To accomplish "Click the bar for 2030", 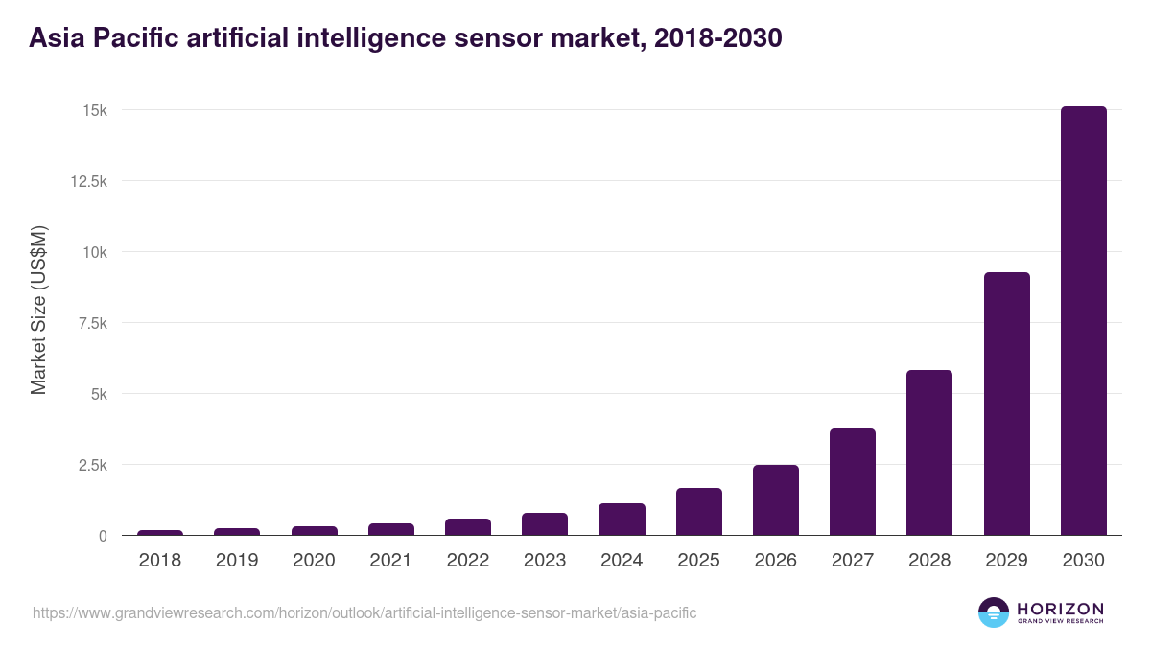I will pyautogui.click(x=1083, y=321).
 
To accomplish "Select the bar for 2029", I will pyautogui.click(x=1006, y=404).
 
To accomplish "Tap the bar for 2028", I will pyautogui.click(x=929, y=452).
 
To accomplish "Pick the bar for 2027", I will pyautogui.click(x=853, y=482).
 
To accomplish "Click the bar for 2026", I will pyautogui.click(x=775, y=500).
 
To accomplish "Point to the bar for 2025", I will pyautogui.click(x=698, y=512).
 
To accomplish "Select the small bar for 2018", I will pyautogui.click(x=160, y=532).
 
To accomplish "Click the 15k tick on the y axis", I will pyautogui.click(x=94, y=110).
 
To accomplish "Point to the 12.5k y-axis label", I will pyautogui.click(x=86, y=181).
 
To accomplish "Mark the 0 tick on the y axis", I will pyautogui.click(x=102, y=536).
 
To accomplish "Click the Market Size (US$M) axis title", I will pyautogui.click(x=38, y=310).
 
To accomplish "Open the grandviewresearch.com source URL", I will pyautogui.click(x=364, y=612).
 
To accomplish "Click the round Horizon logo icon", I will pyautogui.click(x=994, y=612).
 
